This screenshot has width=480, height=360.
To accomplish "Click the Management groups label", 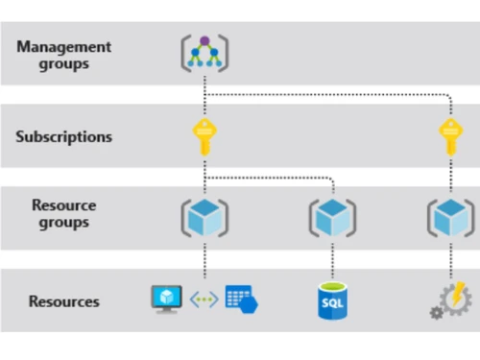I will point(64,56).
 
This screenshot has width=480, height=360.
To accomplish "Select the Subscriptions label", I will point(64,137).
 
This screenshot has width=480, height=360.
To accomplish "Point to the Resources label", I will point(64,301).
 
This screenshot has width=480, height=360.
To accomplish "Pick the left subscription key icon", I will point(205,137).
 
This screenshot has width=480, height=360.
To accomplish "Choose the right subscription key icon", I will point(449,137).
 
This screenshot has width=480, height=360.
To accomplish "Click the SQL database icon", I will point(332,301).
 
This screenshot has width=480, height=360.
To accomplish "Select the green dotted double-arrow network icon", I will point(204,300).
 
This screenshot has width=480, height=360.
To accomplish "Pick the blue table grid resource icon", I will point(241,300).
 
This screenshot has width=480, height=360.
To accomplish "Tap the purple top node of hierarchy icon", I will point(205,41).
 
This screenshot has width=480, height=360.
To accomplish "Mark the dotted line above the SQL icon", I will point(332,261).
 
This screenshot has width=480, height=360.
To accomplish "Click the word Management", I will point(64,47).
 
